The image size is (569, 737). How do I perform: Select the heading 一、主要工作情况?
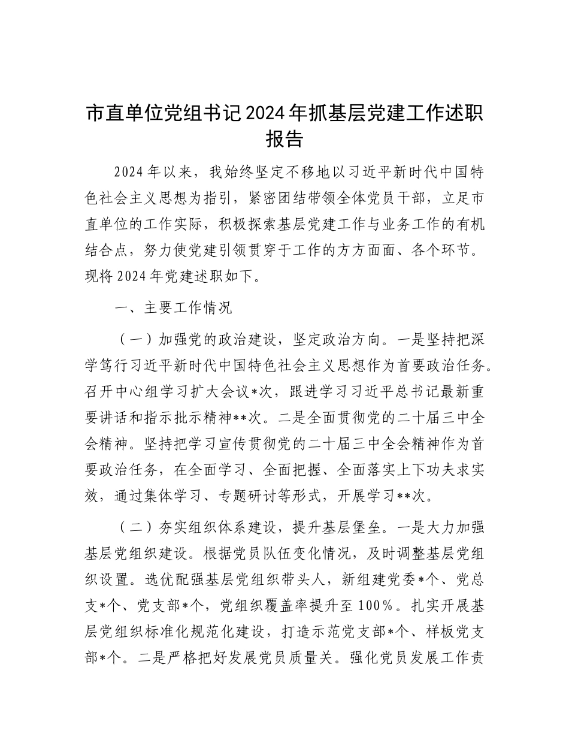tap(173, 309)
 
